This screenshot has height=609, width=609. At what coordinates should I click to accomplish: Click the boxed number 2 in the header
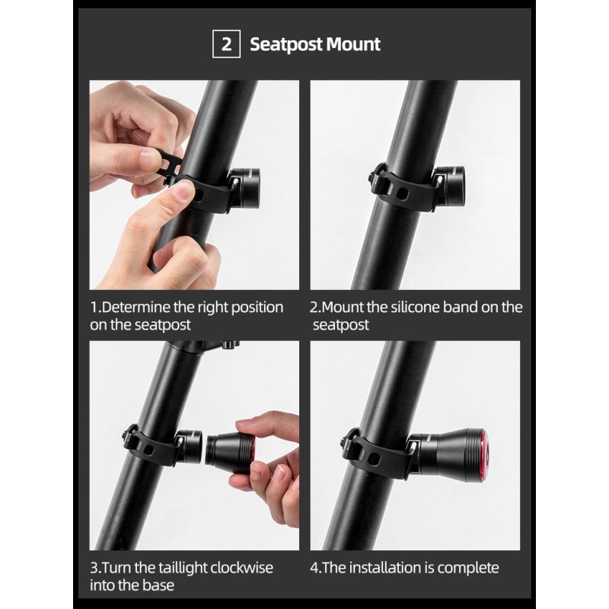pyautogui.click(x=227, y=44)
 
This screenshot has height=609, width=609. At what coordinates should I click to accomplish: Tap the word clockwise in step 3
pyautogui.click(x=233, y=568)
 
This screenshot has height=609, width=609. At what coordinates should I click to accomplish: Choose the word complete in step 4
pyautogui.click(x=470, y=568)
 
